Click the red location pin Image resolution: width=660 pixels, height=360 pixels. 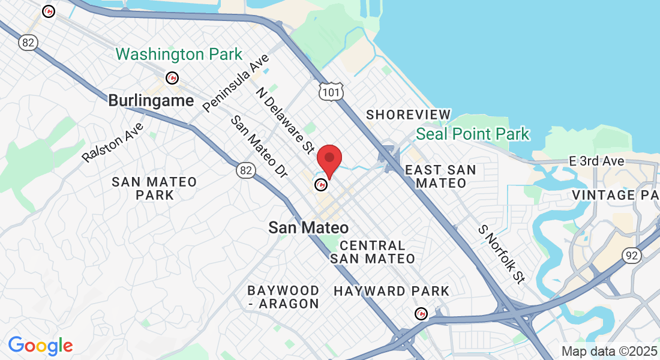coord(329,158)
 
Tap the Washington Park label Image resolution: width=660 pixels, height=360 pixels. coord(179,55)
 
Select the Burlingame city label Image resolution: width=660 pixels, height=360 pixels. coord(151,100)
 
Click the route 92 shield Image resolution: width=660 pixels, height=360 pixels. coord(632,256)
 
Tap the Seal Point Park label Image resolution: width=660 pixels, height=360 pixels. coord(473,133)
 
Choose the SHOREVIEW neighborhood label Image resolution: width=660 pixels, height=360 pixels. coord(408,115)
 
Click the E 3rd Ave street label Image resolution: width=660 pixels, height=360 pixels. coord(596,161)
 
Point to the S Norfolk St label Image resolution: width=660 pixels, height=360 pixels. coord(501,254)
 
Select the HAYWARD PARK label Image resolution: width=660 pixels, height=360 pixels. coord(391,292)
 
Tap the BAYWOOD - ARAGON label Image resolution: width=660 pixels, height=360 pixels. coord(283,298)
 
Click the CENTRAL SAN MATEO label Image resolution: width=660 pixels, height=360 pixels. coord(372,252)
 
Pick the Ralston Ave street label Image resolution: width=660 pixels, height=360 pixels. coord(113,142)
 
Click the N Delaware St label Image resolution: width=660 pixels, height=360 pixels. coord(286,120)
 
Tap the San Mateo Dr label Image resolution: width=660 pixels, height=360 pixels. coord(259,146)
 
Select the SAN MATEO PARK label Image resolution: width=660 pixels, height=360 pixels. coord(154,188)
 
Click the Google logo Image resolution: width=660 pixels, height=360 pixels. coord(40,346)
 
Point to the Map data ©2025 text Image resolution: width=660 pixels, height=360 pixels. coord(610,351)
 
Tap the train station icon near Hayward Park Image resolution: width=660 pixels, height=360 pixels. coord(422,313)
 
